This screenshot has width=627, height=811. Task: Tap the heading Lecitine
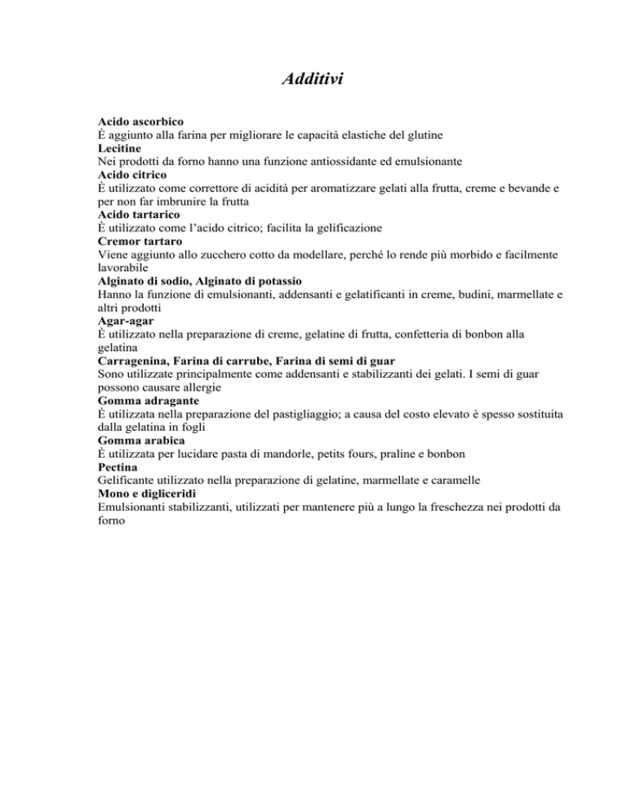tap(119, 148)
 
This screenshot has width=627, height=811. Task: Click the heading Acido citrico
tap(133, 176)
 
